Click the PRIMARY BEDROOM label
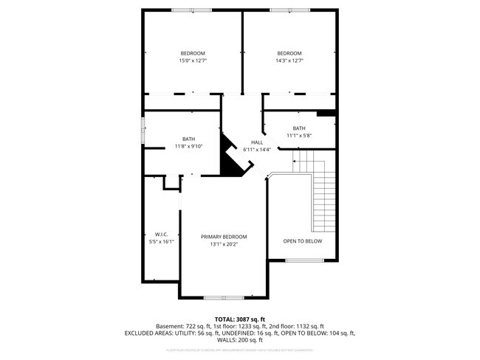(224, 237)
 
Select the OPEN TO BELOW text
(303, 240)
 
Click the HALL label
(257, 142)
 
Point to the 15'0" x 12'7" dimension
(193, 60)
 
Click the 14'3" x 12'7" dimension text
(289, 60)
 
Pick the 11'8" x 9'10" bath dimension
(189, 146)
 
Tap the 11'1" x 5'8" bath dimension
(299, 136)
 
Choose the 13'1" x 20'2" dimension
(224, 244)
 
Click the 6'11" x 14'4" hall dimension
(257, 150)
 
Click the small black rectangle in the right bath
(326, 113)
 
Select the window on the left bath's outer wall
(143, 132)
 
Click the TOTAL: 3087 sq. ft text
(240, 319)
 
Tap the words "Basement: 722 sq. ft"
(182, 326)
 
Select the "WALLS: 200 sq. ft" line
(240, 340)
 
